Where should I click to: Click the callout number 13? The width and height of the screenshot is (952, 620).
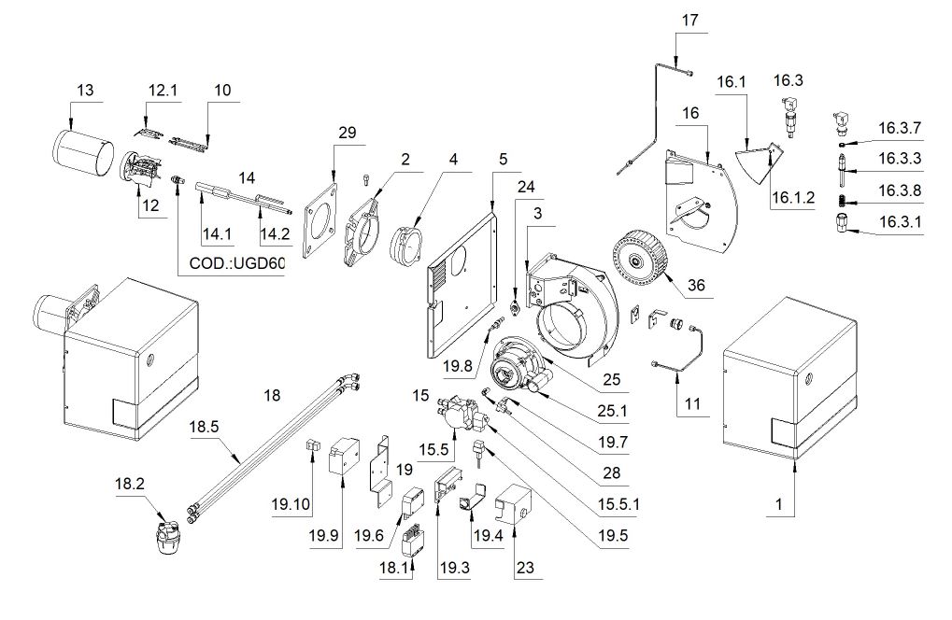coord(86,90)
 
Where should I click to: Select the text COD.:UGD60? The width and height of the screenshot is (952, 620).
coord(236,263)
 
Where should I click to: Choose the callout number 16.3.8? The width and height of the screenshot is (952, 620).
coord(900,190)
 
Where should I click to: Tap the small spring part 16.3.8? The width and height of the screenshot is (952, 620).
coord(843,200)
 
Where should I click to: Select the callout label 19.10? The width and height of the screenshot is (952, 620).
coord(291,504)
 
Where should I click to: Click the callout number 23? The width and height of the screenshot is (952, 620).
coord(525,567)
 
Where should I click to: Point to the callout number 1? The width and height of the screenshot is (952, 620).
coord(779,504)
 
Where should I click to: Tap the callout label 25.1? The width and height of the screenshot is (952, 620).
coord(611,411)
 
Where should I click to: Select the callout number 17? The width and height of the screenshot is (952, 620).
coord(690,20)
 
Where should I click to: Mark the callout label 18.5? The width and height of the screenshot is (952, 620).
coord(204,427)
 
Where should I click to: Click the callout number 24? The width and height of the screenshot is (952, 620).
coord(526,187)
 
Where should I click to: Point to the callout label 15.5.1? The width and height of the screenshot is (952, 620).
coord(618,504)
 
